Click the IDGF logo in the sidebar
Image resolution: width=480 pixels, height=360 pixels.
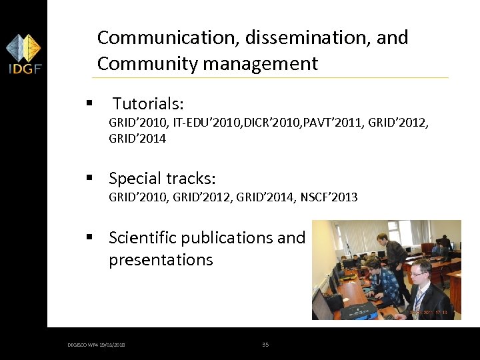click(x=23, y=54)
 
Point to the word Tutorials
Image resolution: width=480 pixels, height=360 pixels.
click(x=148, y=104)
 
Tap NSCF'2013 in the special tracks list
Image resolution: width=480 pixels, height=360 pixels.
click(x=329, y=197)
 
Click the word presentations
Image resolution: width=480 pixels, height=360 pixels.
click(x=161, y=260)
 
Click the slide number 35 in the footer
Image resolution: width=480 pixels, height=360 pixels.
click(x=265, y=345)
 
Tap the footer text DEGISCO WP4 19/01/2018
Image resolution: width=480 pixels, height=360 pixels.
click(x=97, y=345)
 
